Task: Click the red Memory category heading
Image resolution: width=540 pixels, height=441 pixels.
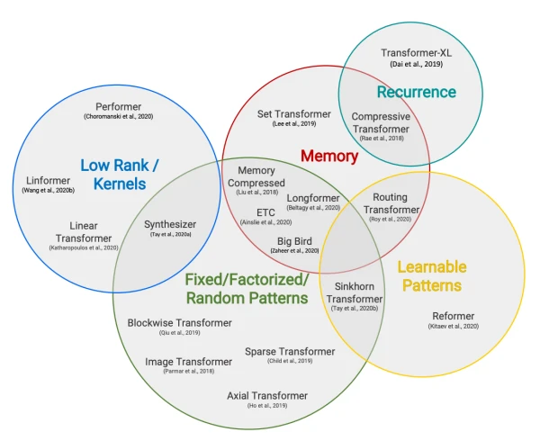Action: point(328,157)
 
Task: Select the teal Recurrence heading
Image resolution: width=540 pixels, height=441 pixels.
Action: point(416,92)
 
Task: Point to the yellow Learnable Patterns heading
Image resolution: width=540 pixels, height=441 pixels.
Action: point(431,276)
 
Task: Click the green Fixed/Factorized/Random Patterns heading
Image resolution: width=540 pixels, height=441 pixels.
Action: point(247,289)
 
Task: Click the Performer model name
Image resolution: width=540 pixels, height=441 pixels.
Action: point(113,105)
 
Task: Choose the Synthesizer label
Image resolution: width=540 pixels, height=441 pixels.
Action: point(170,224)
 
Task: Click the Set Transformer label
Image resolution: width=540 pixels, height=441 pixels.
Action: point(293,114)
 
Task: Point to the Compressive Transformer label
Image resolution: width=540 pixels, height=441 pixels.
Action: point(380,122)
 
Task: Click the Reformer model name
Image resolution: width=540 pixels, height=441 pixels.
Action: point(454,316)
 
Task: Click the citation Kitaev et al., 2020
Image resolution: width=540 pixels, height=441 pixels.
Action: point(454,327)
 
